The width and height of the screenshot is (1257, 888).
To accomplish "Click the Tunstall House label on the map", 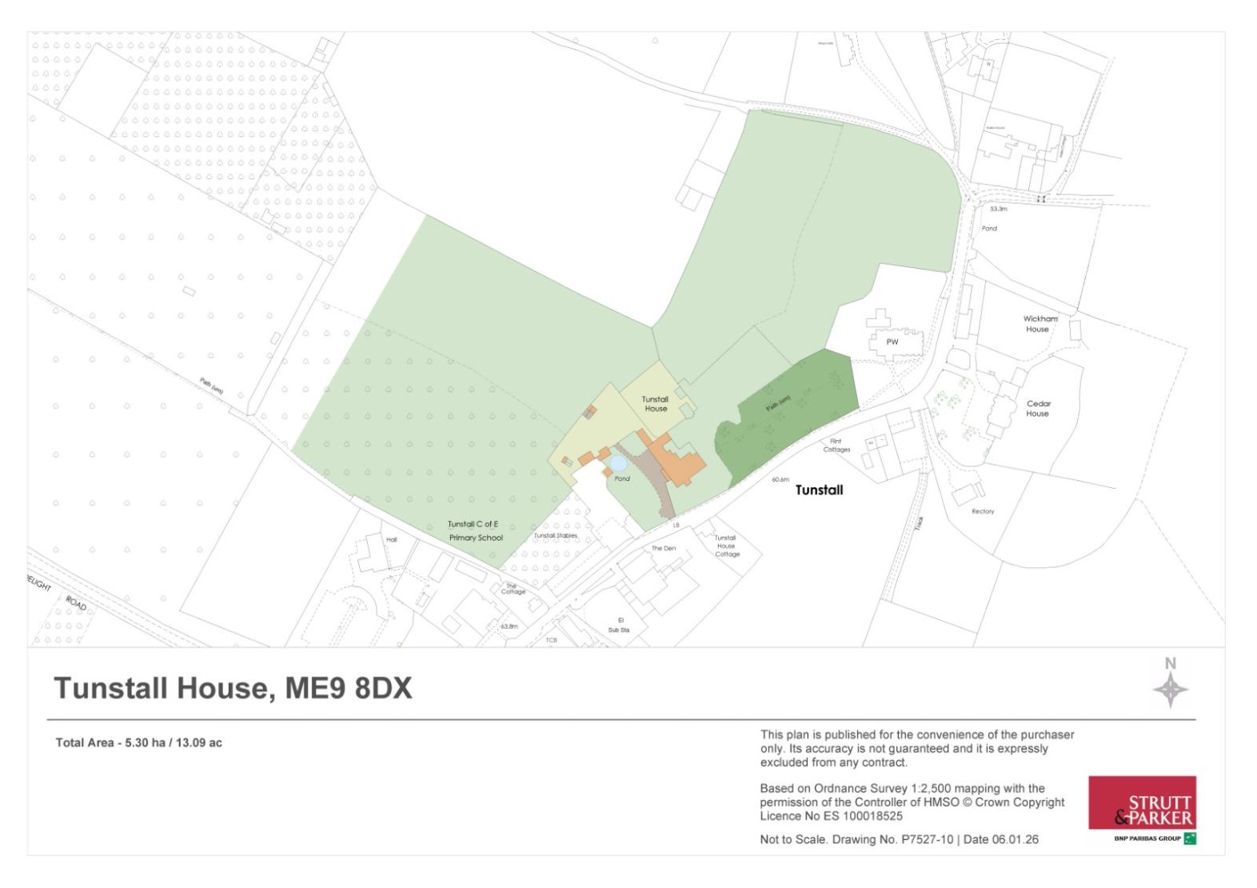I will (x=655, y=404).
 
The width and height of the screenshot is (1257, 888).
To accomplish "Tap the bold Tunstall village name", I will (x=819, y=490).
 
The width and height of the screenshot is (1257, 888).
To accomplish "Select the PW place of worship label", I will (x=892, y=342).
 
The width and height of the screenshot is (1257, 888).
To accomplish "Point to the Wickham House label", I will (x=1040, y=324).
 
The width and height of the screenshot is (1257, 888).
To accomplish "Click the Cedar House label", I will (x=1038, y=409).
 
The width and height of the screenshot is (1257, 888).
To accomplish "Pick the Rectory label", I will (x=983, y=511).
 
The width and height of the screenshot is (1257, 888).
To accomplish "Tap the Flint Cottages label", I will (x=836, y=446).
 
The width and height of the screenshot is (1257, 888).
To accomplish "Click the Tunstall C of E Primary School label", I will (x=475, y=531).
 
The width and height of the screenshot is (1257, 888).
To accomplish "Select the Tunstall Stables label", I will (x=555, y=536).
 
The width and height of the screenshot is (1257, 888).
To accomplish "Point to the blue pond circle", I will (x=617, y=463).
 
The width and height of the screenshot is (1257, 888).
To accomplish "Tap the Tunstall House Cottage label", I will (x=726, y=546).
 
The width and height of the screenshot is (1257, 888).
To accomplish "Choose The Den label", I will (x=663, y=549).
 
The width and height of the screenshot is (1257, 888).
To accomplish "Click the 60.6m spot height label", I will (x=780, y=480).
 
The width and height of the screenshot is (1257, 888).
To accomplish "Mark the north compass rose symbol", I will (x=1170, y=689).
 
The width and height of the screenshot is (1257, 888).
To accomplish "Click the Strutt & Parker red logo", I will (x=1142, y=803).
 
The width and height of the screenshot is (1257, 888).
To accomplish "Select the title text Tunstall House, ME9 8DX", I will (x=233, y=688).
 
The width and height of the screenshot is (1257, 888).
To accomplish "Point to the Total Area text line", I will (x=138, y=743).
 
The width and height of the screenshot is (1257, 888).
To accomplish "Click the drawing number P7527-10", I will (x=927, y=840).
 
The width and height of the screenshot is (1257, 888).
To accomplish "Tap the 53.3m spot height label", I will (x=998, y=209).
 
